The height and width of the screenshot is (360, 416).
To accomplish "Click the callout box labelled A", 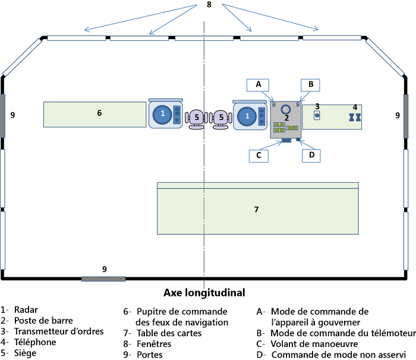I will [x=259, y=84].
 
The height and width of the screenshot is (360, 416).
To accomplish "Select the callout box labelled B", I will [x=311, y=84].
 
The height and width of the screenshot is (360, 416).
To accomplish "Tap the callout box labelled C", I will [x=259, y=155].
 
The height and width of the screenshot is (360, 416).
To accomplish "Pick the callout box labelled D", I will [x=311, y=155].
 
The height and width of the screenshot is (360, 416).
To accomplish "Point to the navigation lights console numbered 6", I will [x=94, y=114].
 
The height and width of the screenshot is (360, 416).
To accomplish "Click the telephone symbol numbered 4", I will [x=354, y=118].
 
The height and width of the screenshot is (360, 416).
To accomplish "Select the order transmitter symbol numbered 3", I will [x=317, y=115].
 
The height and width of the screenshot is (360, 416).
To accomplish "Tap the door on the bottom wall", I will [x=103, y=278].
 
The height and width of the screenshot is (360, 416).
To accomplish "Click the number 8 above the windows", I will [x=208, y=5].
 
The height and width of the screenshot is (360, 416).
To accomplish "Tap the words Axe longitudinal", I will [x=204, y=292].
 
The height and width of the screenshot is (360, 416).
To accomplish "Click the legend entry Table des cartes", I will [x=169, y=333].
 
